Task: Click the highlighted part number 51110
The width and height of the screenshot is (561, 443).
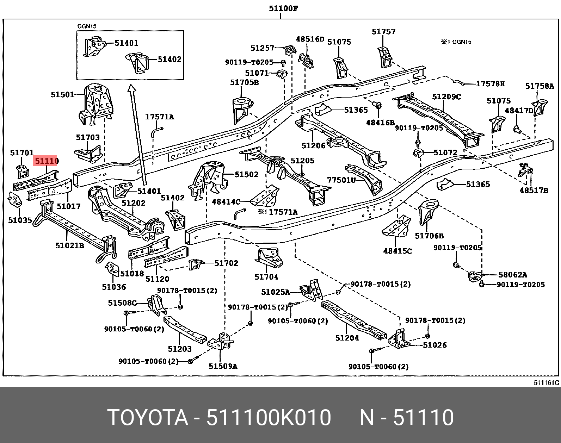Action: click(x=46, y=161)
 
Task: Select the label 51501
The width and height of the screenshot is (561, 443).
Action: click(x=63, y=94)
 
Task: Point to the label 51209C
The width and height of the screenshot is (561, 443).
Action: click(x=446, y=97)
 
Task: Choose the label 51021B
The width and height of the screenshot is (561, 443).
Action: click(x=70, y=245)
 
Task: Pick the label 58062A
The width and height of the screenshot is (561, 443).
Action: click(x=513, y=274)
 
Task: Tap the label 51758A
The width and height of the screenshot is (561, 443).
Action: click(x=540, y=86)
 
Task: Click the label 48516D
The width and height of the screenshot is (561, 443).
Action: click(x=310, y=39)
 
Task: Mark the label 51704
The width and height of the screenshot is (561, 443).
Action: click(x=266, y=277)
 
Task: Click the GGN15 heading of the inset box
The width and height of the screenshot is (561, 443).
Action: click(x=87, y=26)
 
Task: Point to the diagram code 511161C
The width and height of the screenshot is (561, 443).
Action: click(x=547, y=382)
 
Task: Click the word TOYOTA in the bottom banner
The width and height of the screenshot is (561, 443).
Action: click(x=148, y=418)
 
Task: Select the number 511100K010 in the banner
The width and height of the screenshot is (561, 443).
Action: click(x=269, y=418)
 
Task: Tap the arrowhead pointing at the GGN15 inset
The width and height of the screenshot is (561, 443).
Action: click(x=132, y=88)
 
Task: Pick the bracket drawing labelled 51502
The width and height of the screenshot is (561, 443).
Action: click(x=209, y=180)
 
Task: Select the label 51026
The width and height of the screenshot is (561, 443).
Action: click(x=435, y=345)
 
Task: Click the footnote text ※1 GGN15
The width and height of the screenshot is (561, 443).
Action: click(x=456, y=42)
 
